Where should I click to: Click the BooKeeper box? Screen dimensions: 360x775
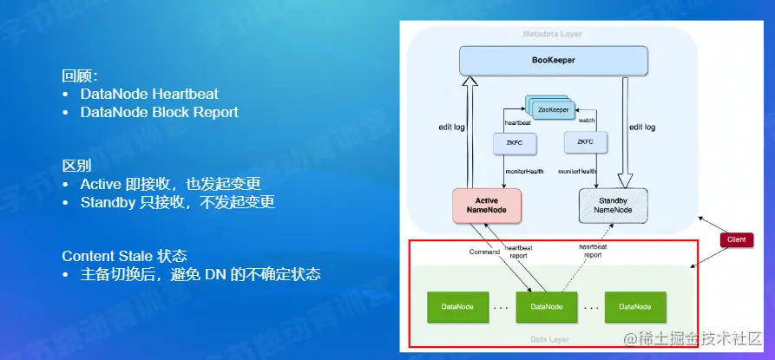(x=554, y=61)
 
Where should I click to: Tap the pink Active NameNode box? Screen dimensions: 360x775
(x=485, y=205)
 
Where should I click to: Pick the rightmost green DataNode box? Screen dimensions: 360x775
(x=634, y=306)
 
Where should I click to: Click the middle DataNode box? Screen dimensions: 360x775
(x=546, y=306)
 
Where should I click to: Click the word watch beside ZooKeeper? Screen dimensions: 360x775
(x=587, y=121)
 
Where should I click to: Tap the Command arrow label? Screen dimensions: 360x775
(x=483, y=252)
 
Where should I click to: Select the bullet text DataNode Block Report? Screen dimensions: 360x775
(x=159, y=112)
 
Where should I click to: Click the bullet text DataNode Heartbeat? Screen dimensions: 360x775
(x=149, y=94)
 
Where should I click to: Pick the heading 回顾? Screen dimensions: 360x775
(x=79, y=75)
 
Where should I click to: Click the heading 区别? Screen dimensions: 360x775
(x=76, y=165)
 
